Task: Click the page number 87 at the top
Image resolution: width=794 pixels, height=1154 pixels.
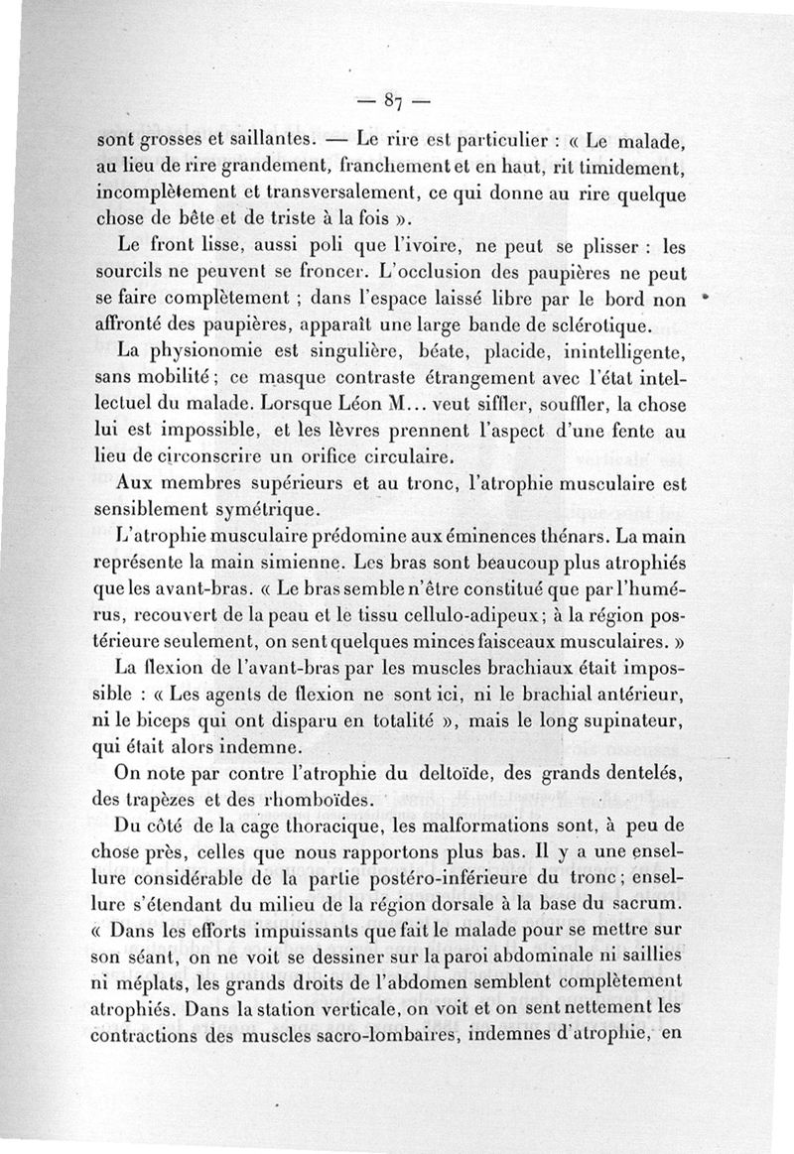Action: coord(393,99)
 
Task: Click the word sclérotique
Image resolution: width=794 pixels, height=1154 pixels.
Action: coord(599,324)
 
